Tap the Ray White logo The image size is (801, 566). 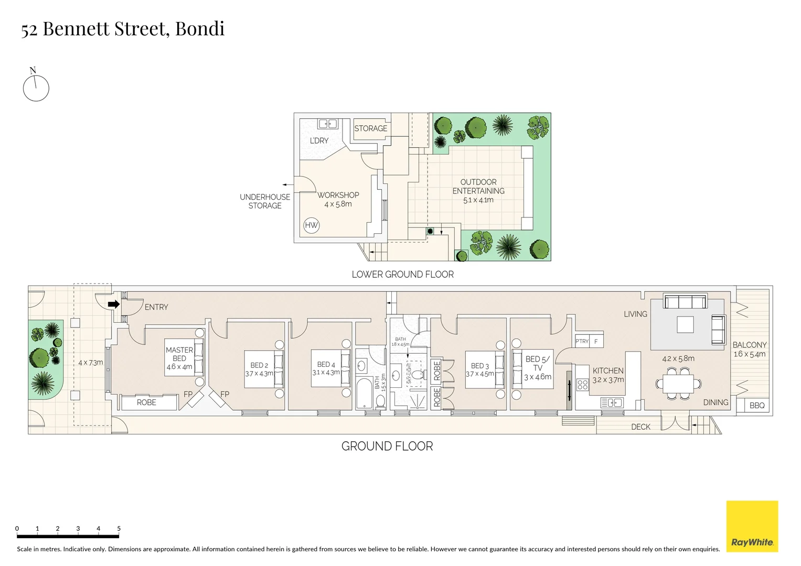(x=752, y=526)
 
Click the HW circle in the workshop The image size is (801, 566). (x=311, y=225)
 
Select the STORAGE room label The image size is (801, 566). (x=370, y=128)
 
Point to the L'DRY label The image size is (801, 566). (x=319, y=140)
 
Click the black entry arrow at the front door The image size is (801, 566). (x=113, y=304)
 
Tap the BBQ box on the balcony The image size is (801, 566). (x=757, y=405)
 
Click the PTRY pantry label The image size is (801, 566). (x=582, y=341)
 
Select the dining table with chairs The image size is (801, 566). (x=678, y=383)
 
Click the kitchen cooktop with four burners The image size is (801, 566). (x=582, y=385)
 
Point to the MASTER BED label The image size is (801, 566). (x=179, y=354)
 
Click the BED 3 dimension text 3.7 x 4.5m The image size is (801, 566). (x=480, y=374)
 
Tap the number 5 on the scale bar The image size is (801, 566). (x=119, y=528)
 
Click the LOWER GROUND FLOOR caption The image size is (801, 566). (x=402, y=274)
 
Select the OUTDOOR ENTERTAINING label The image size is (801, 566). (x=478, y=187)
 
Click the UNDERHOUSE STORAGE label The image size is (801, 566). (x=265, y=201)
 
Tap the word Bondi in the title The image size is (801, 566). (x=199, y=29)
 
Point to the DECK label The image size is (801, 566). (x=640, y=427)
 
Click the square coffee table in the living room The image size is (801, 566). (x=685, y=324)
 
